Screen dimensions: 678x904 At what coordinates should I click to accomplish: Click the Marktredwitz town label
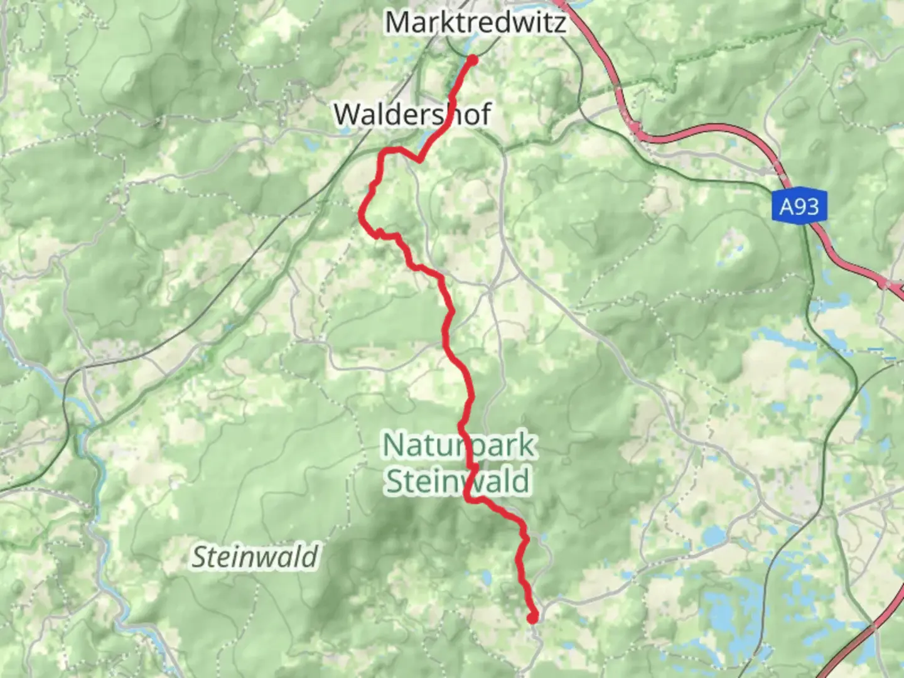(x=476, y=23)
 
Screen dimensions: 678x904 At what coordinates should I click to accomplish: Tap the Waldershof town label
(x=412, y=114)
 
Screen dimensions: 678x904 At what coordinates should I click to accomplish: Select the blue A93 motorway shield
(x=799, y=207)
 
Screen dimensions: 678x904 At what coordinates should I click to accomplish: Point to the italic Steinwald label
(x=255, y=557)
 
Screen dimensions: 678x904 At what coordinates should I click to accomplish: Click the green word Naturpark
(x=458, y=445)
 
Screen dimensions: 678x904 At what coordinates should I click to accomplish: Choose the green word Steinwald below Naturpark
(x=458, y=482)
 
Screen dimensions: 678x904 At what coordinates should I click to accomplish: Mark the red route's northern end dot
(x=473, y=60)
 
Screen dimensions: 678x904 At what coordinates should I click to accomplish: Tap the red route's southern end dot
(x=533, y=618)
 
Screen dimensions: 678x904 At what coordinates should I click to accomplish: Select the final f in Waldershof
(x=485, y=114)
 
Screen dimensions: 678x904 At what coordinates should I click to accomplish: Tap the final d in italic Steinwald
(x=310, y=556)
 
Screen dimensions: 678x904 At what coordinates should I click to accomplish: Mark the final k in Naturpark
(x=526, y=444)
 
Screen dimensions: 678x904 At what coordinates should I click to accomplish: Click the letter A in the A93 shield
(x=786, y=207)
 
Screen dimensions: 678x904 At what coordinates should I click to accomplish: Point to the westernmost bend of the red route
(x=362, y=215)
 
